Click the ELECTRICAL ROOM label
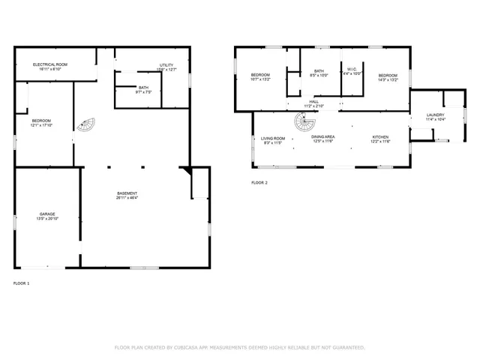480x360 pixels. [x=50, y=65]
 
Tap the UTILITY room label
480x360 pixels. [x=166, y=65]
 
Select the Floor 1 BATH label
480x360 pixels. [x=142, y=88]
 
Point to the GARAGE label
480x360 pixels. [x=47, y=214]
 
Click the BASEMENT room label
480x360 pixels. [x=126, y=193]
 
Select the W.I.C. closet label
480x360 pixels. [x=352, y=70]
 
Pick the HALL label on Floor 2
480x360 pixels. [x=313, y=101]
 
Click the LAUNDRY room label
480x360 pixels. [x=436, y=115]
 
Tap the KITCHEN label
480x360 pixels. [x=381, y=137]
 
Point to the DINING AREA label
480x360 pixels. [x=323, y=137]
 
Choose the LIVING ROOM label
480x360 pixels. [x=272, y=138]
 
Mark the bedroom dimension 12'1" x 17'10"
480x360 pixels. [x=41, y=125]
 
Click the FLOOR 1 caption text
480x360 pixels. [x=22, y=283]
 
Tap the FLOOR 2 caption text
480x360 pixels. [x=259, y=182]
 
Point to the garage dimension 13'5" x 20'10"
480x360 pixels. [x=47, y=220]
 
